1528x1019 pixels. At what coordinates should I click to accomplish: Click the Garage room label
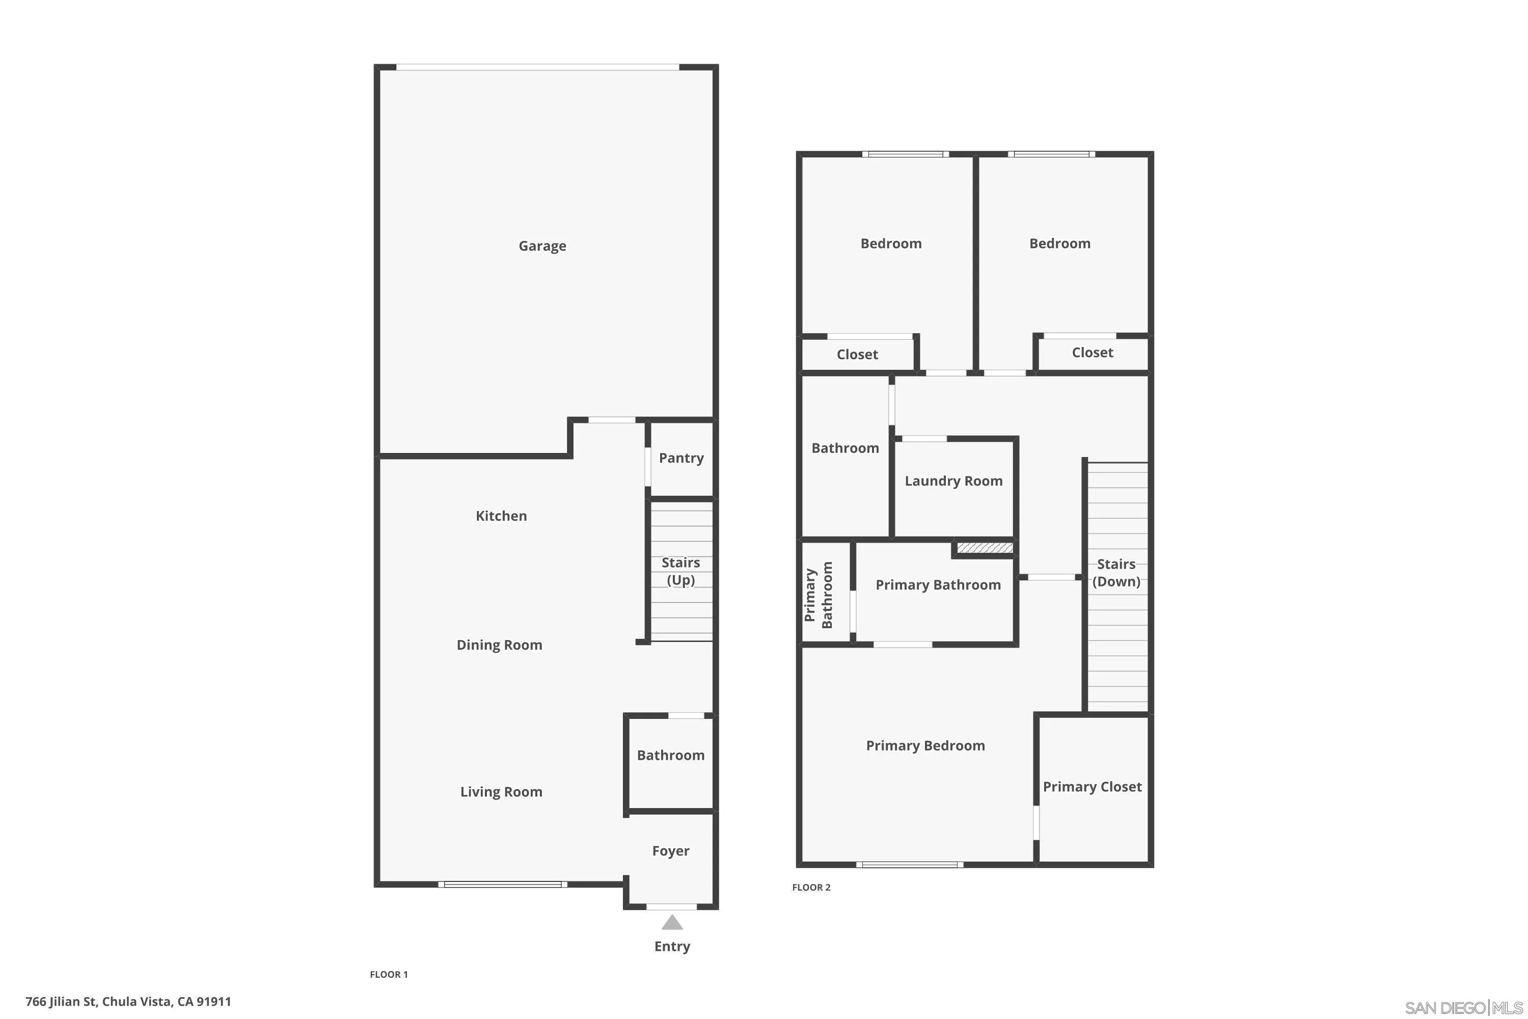pyautogui.click(x=542, y=246)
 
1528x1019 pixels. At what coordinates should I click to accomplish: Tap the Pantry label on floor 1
pyautogui.click(x=681, y=458)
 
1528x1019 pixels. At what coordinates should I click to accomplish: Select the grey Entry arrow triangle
pyautogui.click(x=672, y=923)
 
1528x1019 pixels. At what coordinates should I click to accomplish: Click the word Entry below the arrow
pyautogui.click(x=672, y=946)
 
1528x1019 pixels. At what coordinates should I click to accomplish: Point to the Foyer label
pyautogui.click(x=670, y=851)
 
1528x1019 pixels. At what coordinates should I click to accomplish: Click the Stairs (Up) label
pyautogui.click(x=680, y=571)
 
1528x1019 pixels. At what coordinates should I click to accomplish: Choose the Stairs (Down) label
pyautogui.click(x=1115, y=573)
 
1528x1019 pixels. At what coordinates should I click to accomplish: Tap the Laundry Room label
pyautogui.click(x=953, y=481)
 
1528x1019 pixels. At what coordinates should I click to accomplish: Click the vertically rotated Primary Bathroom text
pyautogui.click(x=818, y=595)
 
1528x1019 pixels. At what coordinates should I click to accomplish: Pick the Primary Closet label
pyautogui.click(x=1092, y=786)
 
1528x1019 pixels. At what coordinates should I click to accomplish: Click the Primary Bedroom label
pyautogui.click(x=924, y=745)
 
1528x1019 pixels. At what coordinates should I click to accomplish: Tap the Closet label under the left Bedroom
pyautogui.click(x=857, y=354)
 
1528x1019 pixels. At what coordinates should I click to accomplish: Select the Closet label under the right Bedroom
pyautogui.click(x=1092, y=352)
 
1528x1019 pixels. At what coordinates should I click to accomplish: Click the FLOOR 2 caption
pyautogui.click(x=811, y=887)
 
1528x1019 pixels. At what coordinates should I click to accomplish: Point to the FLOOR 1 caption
pyautogui.click(x=389, y=974)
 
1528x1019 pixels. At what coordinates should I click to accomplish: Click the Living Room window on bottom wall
pyautogui.click(x=502, y=884)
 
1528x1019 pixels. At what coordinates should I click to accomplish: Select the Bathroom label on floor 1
pyautogui.click(x=670, y=755)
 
